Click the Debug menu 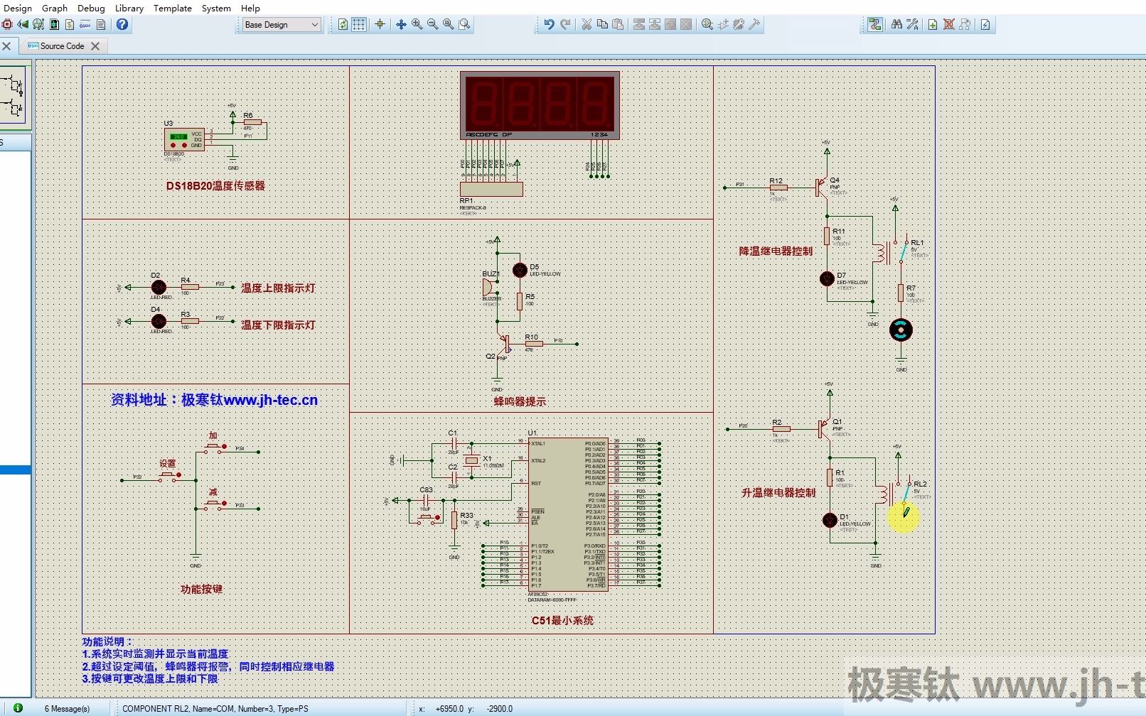(x=91, y=8)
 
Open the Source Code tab (x=62, y=46)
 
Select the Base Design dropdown (x=281, y=25)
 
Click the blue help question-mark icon (x=122, y=25)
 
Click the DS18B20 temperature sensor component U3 (x=184, y=139)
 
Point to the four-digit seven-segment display (x=540, y=104)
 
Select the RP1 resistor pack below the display (x=491, y=190)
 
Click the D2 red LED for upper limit (x=159, y=287)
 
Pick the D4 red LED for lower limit (x=159, y=321)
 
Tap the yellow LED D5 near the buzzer (x=520, y=271)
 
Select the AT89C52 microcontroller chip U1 (x=567, y=514)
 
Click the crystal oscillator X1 (x=471, y=460)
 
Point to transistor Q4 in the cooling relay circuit (x=823, y=188)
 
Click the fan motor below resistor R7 (x=901, y=330)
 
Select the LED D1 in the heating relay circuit (x=830, y=521)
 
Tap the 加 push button (x=213, y=448)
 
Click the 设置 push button (x=168, y=475)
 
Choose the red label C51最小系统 (x=562, y=621)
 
